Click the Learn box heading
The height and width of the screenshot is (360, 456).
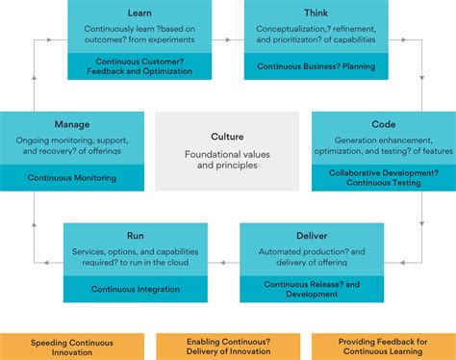pyautogui.click(x=139, y=13)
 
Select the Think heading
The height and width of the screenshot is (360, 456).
pyautogui.click(x=316, y=13)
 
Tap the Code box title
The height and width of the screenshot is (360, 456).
pyautogui.click(x=383, y=124)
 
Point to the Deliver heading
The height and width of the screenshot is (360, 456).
pyautogui.click(x=311, y=235)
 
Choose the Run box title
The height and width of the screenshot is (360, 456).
pyautogui.click(x=136, y=235)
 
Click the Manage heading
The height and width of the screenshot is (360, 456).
pyautogui.click(x=72, y=124)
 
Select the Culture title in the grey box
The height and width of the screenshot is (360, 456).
pyautogui.click(x=227, y=137)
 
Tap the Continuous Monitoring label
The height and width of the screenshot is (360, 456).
pyautogui.click(x=72, y=178)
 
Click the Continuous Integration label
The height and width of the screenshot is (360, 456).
pyautogui.click(x=136, y=289)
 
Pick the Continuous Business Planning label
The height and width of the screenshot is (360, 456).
pyautogui.click(x=316, y=66)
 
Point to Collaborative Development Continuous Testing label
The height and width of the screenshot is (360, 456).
pyautogui.click(x=383, y=177)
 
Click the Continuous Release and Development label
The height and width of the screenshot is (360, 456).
pyautogui.click(x=311, y=288)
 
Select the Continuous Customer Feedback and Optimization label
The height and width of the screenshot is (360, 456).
pyautogui.click(x=139, y=66)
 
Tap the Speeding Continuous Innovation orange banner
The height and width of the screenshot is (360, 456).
pyautogui.click(x=72, y=347)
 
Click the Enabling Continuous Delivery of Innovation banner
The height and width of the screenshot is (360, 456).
pyautogui.click(x=227, y=347)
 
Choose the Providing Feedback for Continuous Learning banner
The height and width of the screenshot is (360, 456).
pyautogui.click(x=383, y=347)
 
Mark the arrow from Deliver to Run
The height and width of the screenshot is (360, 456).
pyautogui.click(x=223, y=261)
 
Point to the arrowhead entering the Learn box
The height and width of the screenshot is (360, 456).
pyautogui.click(x=62, y=39)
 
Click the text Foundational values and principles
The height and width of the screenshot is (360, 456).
pyautogui.click(x=227, y=159)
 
